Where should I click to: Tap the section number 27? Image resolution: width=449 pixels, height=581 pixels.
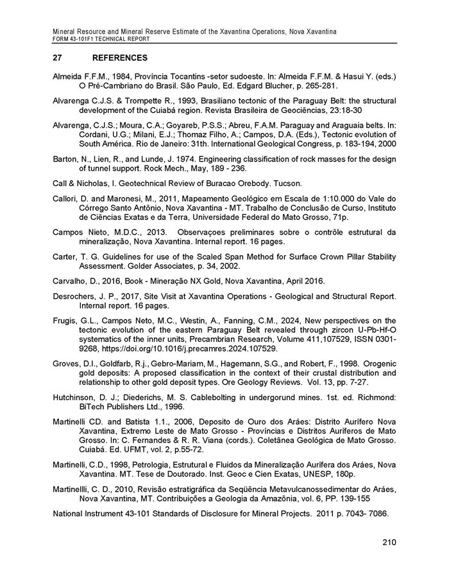57,58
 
